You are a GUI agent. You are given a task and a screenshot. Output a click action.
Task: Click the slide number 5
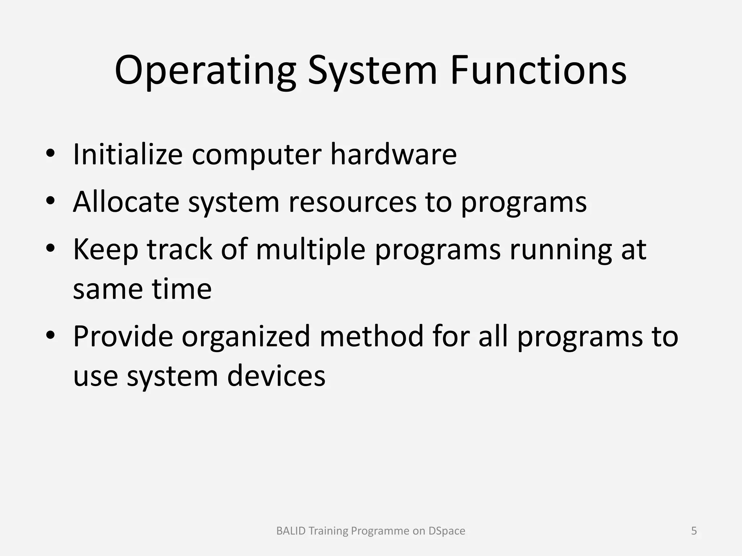tap(694, 531)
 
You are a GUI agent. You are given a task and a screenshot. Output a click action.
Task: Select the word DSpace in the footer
tap(447, 531)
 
